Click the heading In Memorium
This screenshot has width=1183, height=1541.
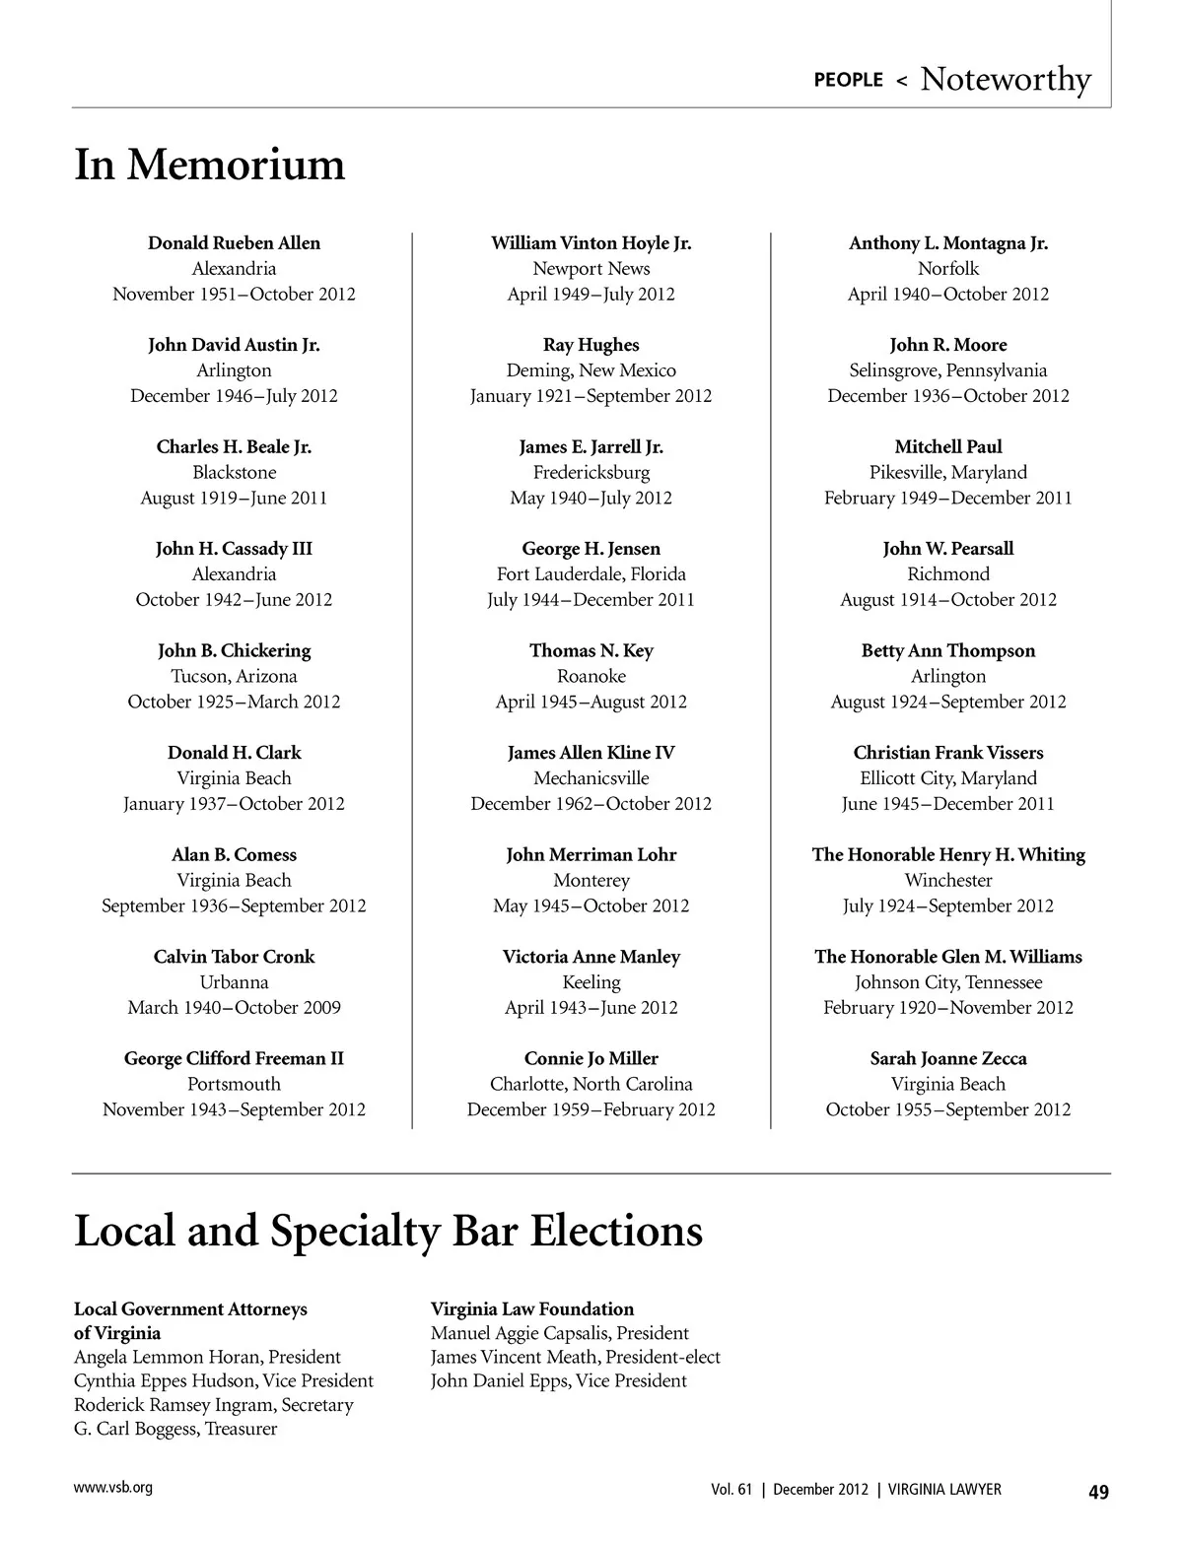[x=210, y=165]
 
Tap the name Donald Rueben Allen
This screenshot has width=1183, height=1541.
[x=234, y=243]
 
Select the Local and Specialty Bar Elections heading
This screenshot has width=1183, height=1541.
[x=388, y=1232]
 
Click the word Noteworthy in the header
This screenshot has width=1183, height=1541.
[x=1006, y=80]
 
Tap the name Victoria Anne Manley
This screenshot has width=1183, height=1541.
[x=591, y=957]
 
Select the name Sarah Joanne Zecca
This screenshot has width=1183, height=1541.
[x=948, y=1059]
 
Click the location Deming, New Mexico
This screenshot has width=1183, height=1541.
[x=591, y=370]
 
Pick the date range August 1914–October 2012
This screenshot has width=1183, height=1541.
[x=948, y=600]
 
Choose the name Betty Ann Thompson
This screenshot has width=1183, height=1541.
[x=948, y=651]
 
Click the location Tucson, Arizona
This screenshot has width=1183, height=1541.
[x=234, y=677]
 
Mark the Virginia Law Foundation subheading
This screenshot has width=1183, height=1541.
[x=532, y=1309]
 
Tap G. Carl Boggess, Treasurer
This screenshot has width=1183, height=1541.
[x=175, y=1429]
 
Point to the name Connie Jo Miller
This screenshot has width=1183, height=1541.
[x=591, y=1059]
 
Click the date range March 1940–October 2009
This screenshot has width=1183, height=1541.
[x=234, y=1008]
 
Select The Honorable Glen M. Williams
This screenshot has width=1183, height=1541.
[x=948, y=957]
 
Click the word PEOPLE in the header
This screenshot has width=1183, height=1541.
[x=848, y=80]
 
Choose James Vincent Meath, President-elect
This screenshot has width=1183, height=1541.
[x=576, y=1357]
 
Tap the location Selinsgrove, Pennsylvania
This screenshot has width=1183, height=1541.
[x=948, y=370]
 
